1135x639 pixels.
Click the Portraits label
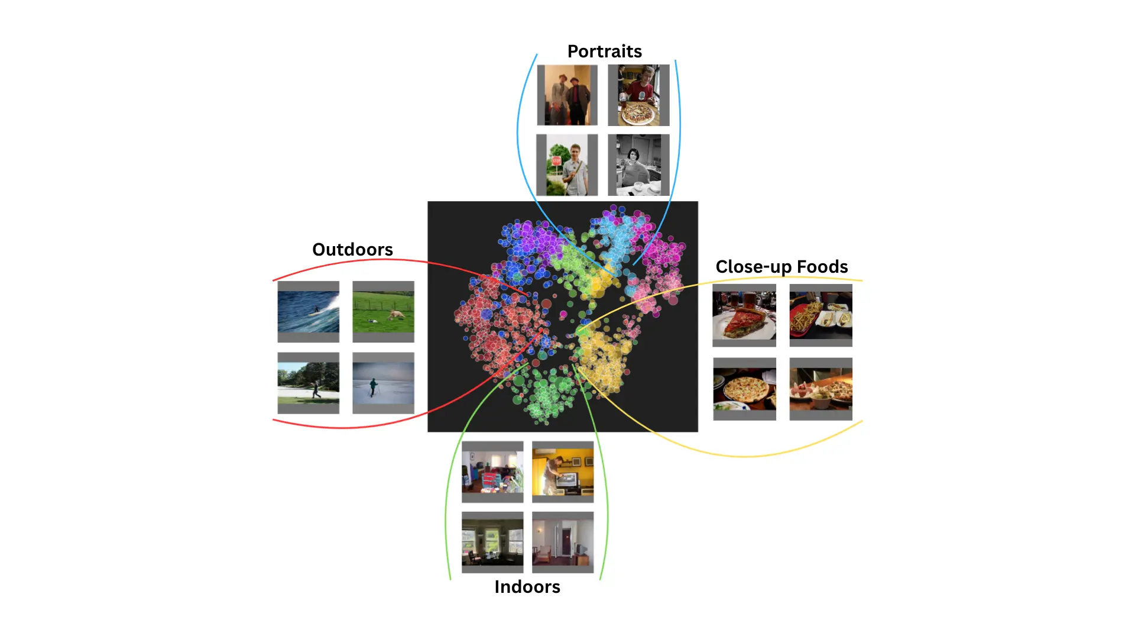pyautogui.click(x=604, y=51)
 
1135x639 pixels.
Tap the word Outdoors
pyautogui.click(x=352, y=250)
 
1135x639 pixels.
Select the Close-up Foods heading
pyautogui.click(x=781, y=267)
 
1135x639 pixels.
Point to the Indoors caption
pyautogui.click(x=527, y=587)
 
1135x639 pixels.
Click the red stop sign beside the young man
pyautogui.click(x=556, y=161)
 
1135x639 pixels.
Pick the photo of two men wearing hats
pyautogui.click(x=567, y=95)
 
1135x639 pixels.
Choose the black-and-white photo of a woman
pyautogui.click(x=638, y=165)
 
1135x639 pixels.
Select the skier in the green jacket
pyautogui.click(x=374, y=387)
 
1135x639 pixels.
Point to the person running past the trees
pyautogui.click(x=316, y=389)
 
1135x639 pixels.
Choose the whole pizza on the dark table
pyautogui.click(x=743, y=389)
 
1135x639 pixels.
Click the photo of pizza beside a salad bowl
pyautogui.click(x=821, y=389)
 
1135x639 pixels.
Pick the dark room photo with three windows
pyautogui.click(x=492, y=541)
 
